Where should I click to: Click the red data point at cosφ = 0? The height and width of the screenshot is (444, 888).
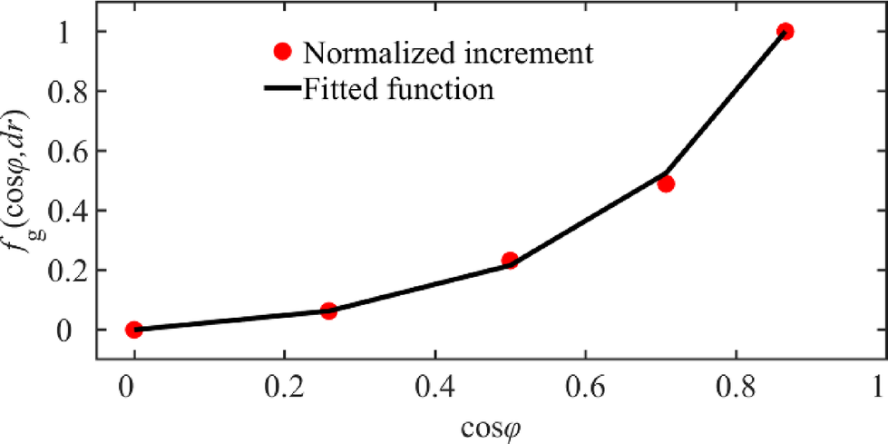(x=133, y=330)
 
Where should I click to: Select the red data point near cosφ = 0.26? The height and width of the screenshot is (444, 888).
(x=328, y=311)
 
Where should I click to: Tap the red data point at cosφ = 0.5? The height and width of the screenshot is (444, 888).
(x=510, y=261)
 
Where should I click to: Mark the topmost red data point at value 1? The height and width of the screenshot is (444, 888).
(x=786, y=32)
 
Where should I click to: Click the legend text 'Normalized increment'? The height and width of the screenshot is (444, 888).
(x=448, y=53)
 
